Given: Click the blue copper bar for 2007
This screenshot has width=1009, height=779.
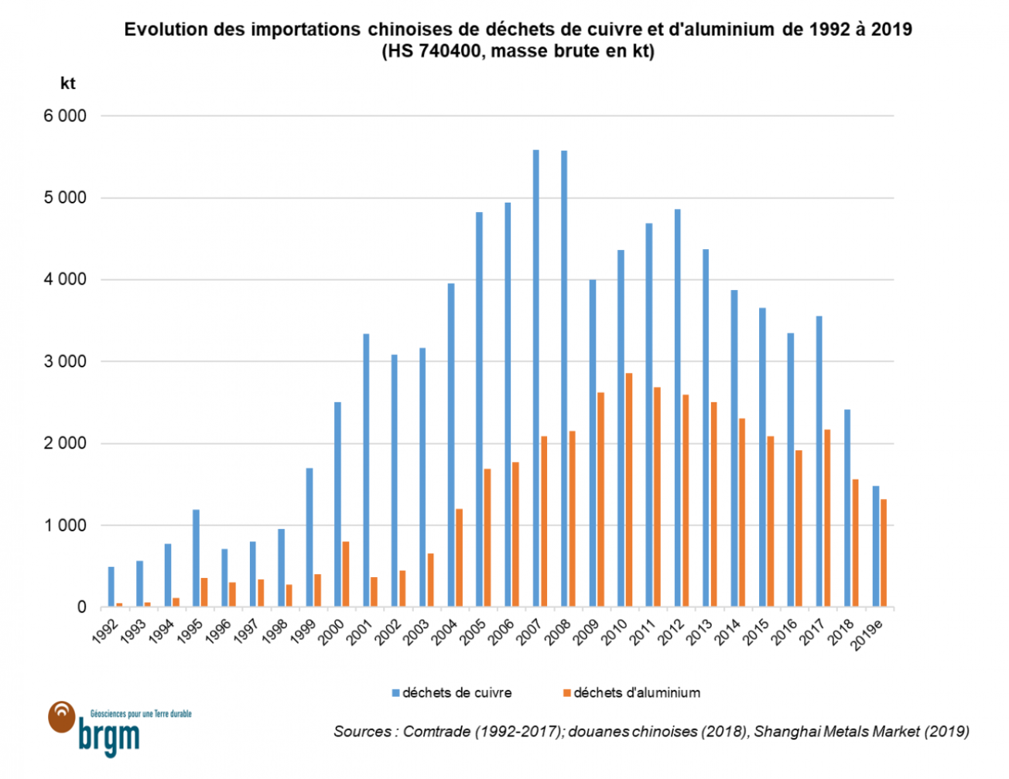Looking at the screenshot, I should point(535,378).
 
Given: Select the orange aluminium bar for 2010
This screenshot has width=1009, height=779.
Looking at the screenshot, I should point(629,490).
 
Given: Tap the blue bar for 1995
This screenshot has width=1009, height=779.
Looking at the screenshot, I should point(196,558).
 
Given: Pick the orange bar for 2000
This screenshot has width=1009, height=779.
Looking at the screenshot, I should point(346,574).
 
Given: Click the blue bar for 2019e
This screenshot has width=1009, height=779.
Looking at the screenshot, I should point(876,546).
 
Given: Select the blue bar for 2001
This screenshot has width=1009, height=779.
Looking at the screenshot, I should point(366,470).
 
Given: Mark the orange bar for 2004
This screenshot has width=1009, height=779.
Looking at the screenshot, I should point(459,558).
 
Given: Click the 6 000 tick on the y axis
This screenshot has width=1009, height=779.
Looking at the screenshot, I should point(65,116).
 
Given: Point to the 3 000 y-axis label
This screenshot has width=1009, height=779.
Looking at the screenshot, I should point(65,361).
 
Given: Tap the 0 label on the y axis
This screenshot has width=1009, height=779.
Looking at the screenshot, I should point(81,607).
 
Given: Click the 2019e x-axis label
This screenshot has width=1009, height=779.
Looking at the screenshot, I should point(868,635).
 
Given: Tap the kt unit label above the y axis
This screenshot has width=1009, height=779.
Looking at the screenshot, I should point(68,83).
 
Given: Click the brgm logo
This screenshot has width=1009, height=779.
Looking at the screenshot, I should point(108,731).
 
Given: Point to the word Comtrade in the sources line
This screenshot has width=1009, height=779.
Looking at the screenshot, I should point(436,731).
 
